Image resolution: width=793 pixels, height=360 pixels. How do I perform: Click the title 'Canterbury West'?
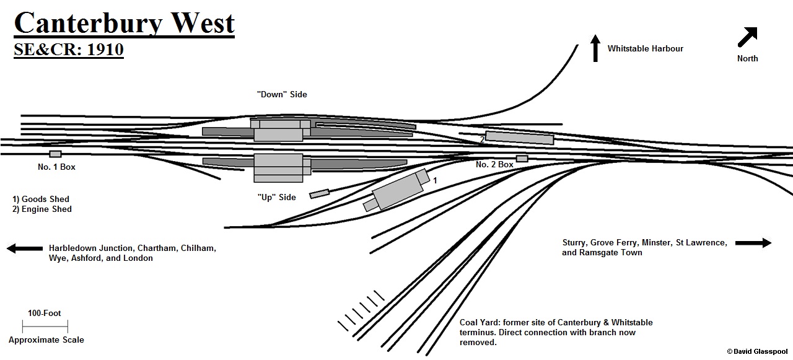tap(124, 24)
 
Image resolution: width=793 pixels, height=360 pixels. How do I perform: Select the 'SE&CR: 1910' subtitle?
tap(69, 50)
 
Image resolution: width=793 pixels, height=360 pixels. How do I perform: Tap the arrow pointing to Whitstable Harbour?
tap(595, 48)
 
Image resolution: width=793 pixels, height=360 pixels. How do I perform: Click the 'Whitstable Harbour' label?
tap(645, 48)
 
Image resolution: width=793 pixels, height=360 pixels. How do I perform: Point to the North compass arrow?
tap(748, 37)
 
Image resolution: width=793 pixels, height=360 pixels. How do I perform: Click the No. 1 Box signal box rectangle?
tap(56, 154)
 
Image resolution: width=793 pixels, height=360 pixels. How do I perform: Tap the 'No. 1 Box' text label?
tap(56, 167)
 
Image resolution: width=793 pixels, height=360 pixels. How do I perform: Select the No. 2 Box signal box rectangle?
tap(522, 159)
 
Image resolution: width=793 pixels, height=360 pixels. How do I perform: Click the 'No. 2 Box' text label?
tap(494, 165)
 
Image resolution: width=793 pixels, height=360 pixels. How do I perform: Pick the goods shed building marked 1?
tap(397, 191)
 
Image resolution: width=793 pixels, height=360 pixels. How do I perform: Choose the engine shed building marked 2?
tap(519, 138)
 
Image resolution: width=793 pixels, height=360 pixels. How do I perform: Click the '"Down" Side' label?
tap(282, 95)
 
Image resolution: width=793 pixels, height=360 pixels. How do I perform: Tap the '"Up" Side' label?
tap(276, 197)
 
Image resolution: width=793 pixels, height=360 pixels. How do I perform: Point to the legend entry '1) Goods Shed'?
tap(41, 199)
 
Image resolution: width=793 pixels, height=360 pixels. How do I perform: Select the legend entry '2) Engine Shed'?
tap(42, 209)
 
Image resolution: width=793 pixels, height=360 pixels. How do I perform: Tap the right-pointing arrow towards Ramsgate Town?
tap(753, 243)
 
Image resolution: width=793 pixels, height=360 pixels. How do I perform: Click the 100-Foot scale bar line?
tap(45, 326)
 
